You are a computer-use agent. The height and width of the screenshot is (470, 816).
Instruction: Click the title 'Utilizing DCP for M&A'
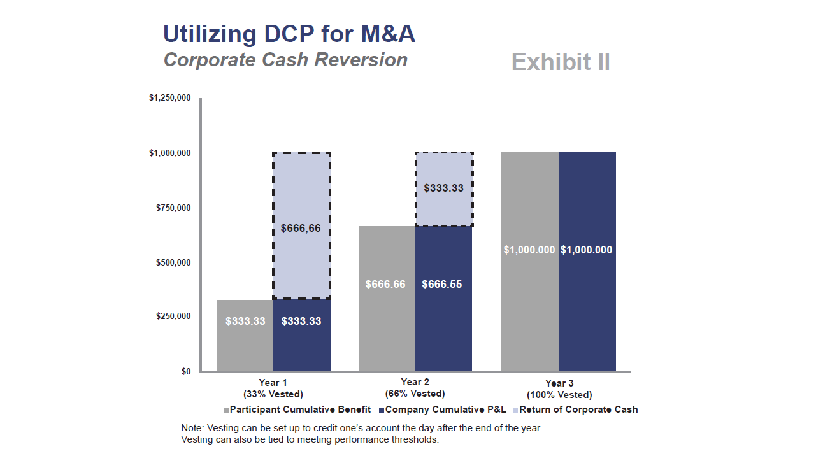tap(289, 34)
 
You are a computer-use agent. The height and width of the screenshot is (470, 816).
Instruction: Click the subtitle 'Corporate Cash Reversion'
tap(285, 60)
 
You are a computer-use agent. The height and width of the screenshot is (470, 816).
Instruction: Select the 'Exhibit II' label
tap(561, 62)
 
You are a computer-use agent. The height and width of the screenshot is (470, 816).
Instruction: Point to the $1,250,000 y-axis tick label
tap(169, 98)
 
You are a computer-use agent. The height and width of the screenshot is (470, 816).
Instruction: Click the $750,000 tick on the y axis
tap(173, 208)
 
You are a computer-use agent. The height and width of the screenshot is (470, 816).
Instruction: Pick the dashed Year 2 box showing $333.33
tap(443, 189)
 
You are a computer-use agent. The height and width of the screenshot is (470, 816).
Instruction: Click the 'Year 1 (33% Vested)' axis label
tap(273, 388)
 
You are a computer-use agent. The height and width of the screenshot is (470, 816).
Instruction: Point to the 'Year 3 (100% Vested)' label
tap(559, 388)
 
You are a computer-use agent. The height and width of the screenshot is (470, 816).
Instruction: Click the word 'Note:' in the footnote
tap(192, 428)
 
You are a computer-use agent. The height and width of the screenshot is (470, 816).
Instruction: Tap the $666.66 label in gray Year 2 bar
tap(385, 284)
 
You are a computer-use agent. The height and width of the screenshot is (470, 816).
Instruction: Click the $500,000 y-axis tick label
tap(173, 262)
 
